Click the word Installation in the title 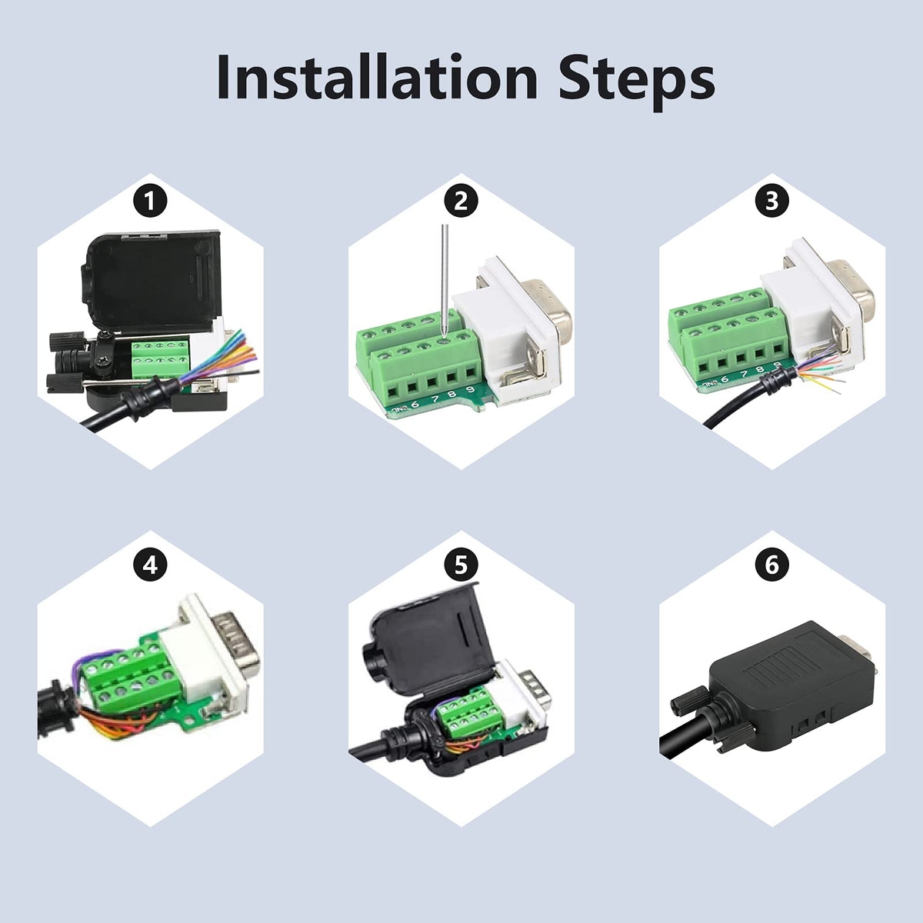(x=378, y=77)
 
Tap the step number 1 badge (x=150, y=202)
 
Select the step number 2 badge (x=461, y=202)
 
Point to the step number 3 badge (x=771, y=202)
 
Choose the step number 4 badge (x=150, y=565)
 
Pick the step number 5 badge (x=461, y=565)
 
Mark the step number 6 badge (x=771, y=565)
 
